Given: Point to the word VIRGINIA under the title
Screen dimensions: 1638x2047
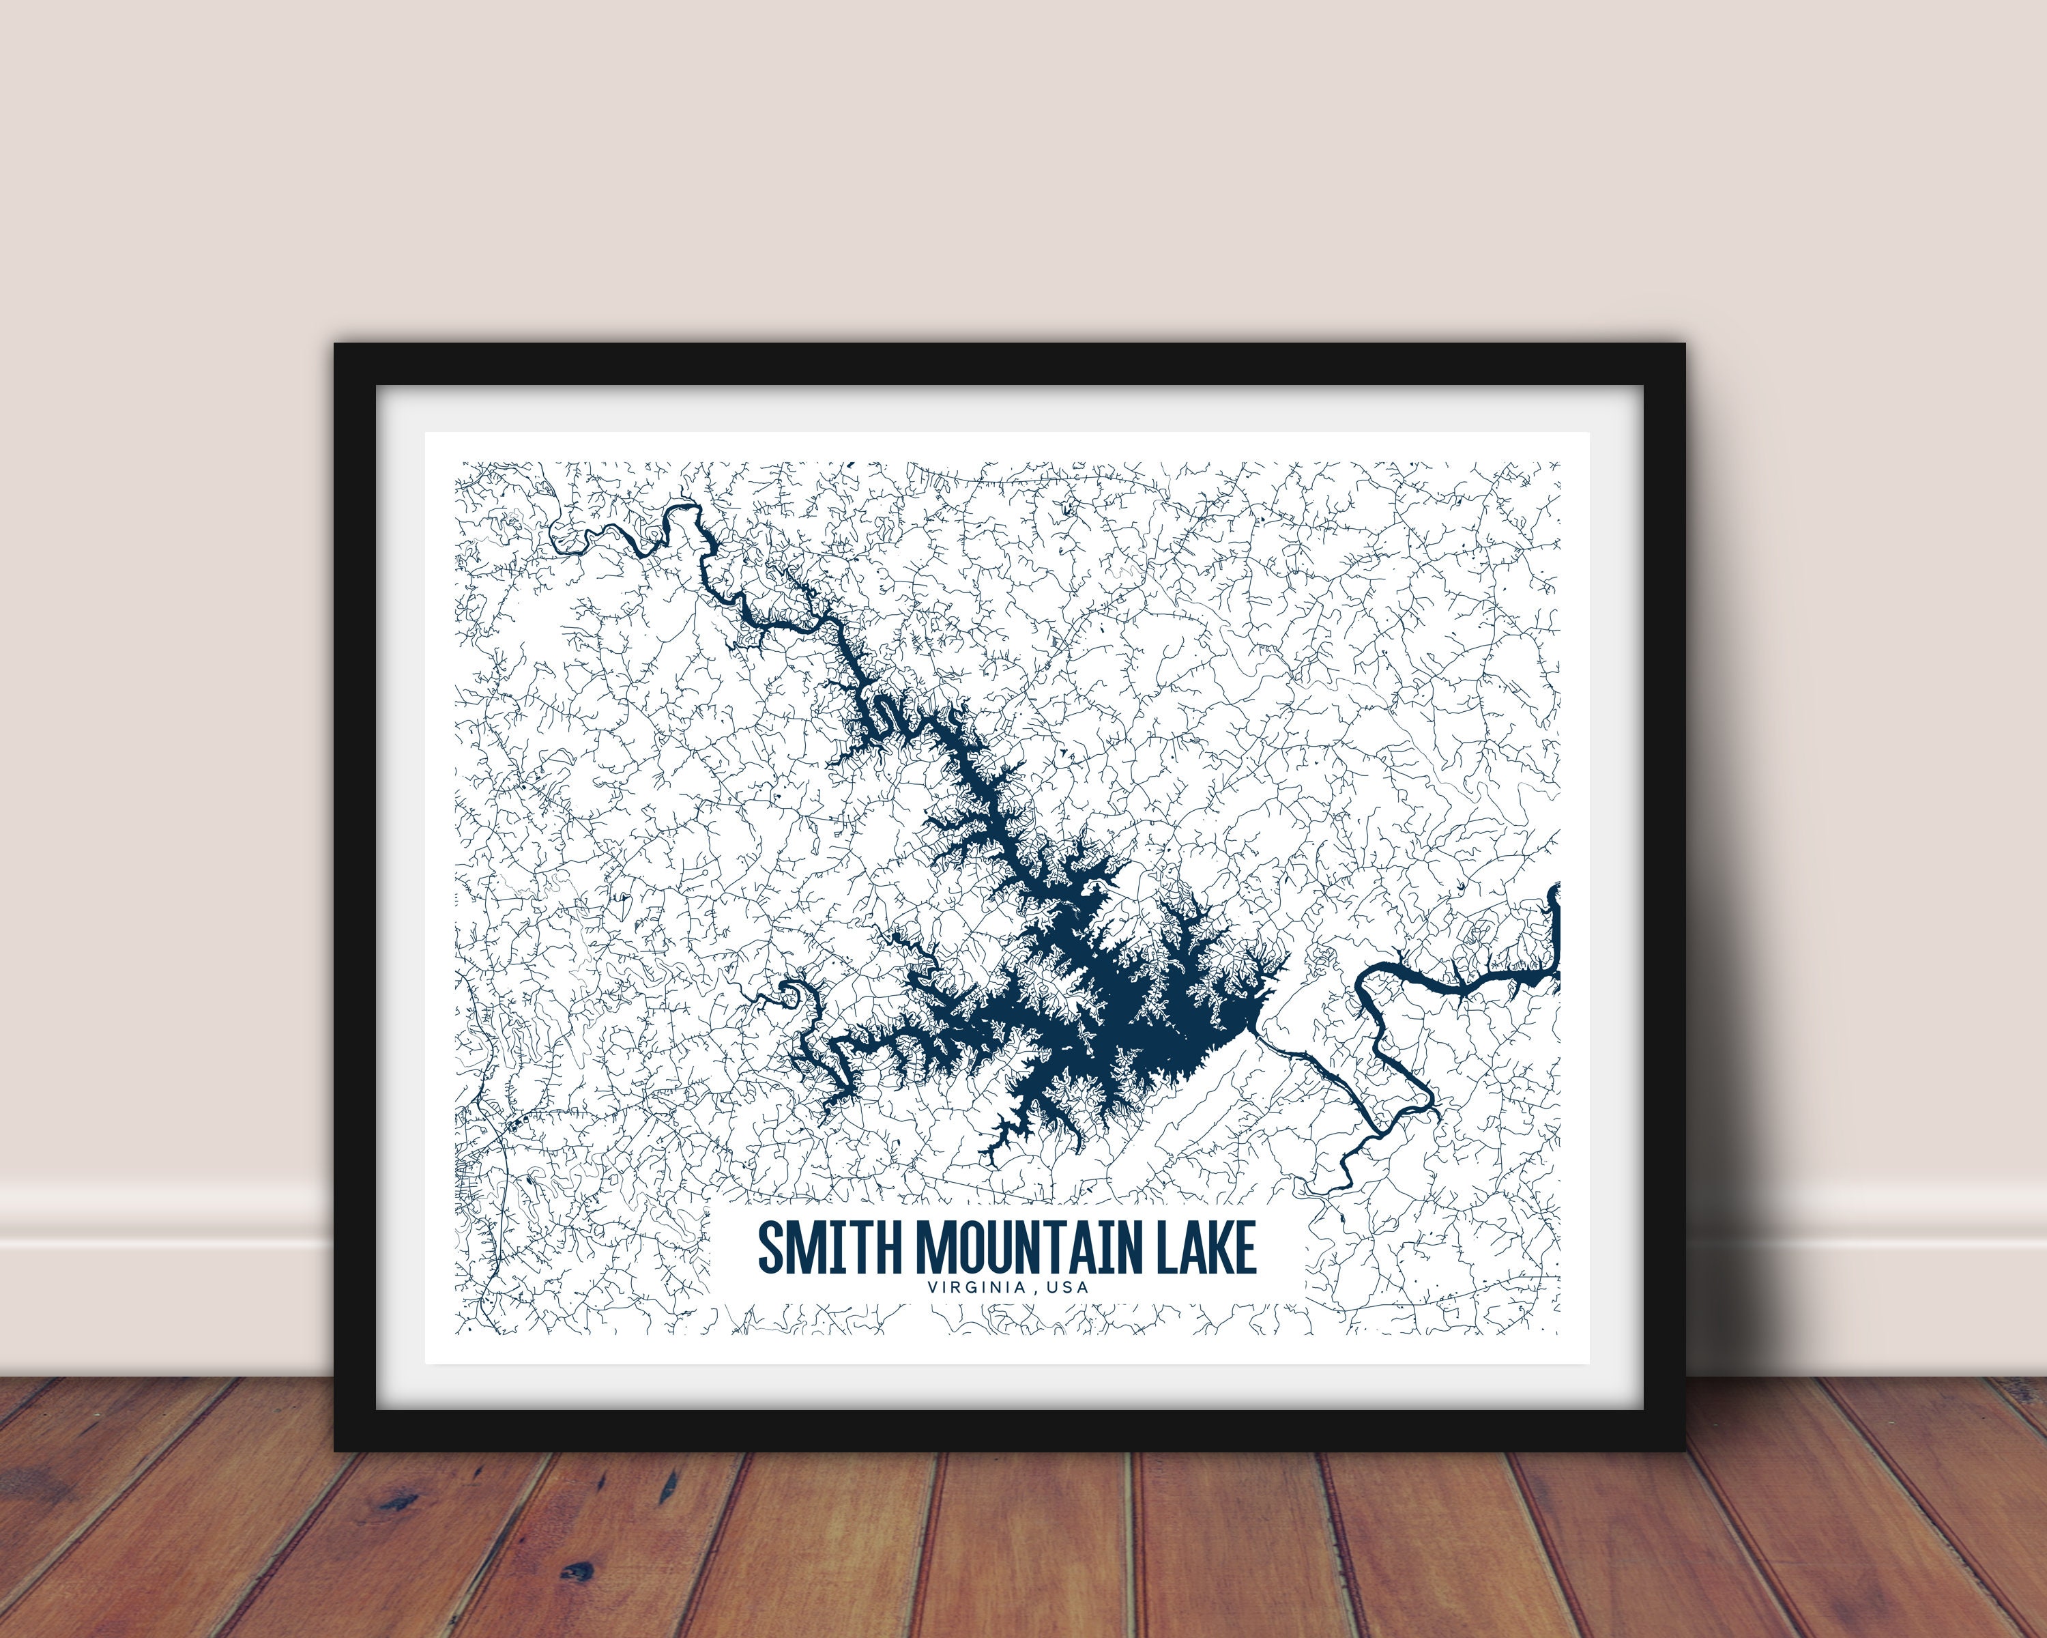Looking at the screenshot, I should [x=977, y=1289].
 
